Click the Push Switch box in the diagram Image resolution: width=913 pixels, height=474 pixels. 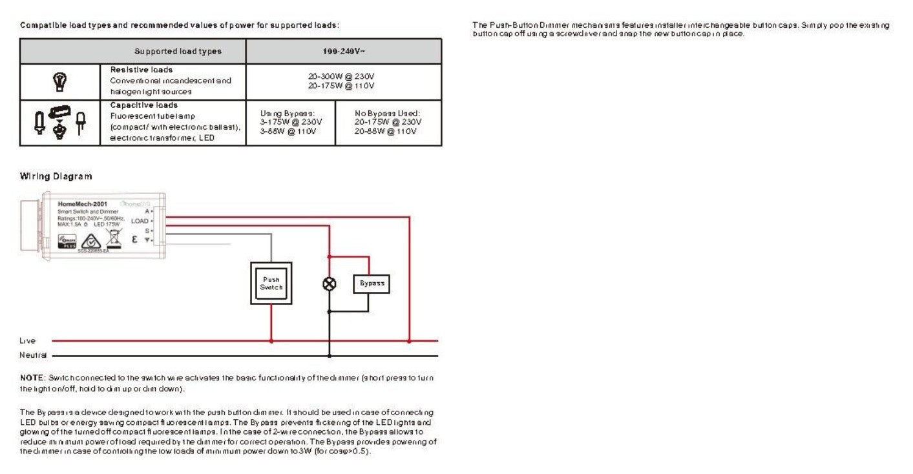click(271, 283)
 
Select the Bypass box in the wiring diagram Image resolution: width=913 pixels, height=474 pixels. click(372, 283)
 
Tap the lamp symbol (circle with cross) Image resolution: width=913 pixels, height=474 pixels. click(329, 283)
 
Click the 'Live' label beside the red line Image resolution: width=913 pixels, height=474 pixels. click(28, 340)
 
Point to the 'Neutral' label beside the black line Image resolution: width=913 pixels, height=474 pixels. click(32, 355)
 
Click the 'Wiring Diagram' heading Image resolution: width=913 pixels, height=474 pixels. click(56, 176)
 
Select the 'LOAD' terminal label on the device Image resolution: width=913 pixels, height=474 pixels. click(140, 221)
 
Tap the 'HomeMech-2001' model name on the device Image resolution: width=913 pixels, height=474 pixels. click(82, 204)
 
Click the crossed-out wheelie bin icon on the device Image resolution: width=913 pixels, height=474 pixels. click(114, 240)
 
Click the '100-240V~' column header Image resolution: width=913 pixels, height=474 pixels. click(344, 51)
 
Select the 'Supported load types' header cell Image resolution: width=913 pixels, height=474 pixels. click(178, 51)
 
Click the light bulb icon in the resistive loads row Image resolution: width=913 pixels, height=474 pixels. click(59, 81)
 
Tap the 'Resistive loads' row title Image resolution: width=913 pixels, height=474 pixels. click(141, 70)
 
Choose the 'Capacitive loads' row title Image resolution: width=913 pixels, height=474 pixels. click(143, 105)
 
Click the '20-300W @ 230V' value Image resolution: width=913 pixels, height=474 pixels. click(341, 76)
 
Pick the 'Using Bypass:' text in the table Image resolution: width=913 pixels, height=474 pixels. click(287, 113)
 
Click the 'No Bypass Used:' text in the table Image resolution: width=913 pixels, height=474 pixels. click(388, 113)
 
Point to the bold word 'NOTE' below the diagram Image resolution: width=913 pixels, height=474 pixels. click(32, 377)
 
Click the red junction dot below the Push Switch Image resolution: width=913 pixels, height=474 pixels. click(271, 340)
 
